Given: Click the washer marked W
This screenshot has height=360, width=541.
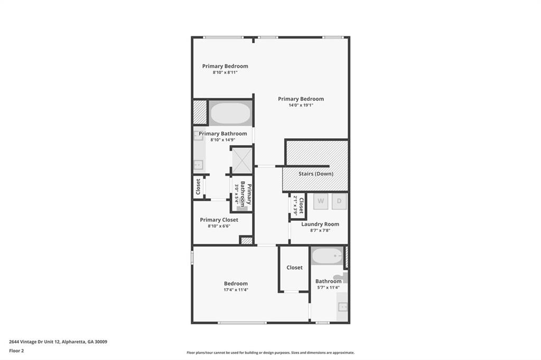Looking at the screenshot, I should click(321, 201).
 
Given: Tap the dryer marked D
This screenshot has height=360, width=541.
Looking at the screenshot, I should click(340, 201).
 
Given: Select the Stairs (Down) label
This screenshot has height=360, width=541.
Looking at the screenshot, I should click(315, 174).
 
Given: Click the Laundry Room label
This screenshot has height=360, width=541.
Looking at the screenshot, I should click(320, 224).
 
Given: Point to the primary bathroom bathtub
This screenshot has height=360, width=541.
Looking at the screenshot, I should click(230, 113).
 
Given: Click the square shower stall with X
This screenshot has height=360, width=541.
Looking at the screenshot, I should click(242, 160).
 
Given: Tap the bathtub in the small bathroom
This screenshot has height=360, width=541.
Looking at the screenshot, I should click(327, 257).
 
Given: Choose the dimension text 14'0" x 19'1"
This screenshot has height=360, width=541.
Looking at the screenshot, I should click(301, 106).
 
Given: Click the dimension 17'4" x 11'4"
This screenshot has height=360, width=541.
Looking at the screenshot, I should click(236, 290).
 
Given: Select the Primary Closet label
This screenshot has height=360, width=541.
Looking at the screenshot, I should click(219, 220).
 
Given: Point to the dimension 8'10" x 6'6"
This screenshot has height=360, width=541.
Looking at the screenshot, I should click(219, 226).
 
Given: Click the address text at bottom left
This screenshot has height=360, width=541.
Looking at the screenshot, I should click(58, 342).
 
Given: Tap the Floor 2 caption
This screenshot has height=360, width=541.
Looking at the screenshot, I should click(16, 350).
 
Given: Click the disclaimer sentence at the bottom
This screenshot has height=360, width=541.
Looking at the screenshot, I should click(270, 353).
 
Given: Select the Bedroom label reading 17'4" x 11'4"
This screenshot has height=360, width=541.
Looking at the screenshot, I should click(236, 283).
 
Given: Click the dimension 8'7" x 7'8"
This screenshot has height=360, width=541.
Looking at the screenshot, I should click(320, 231).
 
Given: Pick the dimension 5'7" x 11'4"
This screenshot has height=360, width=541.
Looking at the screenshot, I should click(328, 288).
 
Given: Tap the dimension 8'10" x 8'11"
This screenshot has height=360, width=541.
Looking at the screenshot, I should click(225, 72).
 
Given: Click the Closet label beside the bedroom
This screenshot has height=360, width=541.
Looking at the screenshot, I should click(294, 268).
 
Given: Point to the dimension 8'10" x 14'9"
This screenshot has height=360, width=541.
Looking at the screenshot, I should click(222, 140).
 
